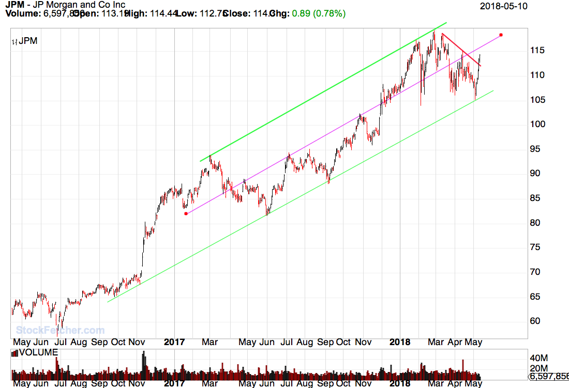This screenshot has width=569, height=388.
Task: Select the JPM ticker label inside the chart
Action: pos(27,41)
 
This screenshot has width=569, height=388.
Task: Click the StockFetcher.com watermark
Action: pos(60,330)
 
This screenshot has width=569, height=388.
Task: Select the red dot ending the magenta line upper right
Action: pos(501,35)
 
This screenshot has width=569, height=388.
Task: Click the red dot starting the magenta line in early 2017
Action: pos(186,213)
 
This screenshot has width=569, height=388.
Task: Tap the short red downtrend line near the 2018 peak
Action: pos(461,50)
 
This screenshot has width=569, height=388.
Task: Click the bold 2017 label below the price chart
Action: pos(174,342)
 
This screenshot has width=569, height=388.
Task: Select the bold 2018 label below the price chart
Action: pos(400,342)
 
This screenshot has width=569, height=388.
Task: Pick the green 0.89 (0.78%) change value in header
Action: pos(319,13)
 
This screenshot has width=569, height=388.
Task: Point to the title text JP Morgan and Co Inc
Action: pos(78,5)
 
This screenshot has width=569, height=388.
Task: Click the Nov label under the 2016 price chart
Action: pos(137,342)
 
